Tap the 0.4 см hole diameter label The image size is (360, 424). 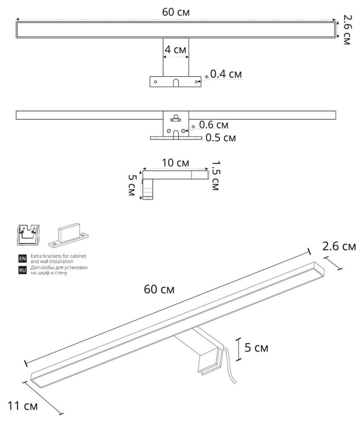coord(226,74)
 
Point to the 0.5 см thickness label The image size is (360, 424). coord(220,138)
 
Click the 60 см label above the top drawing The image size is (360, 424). coord(176,12)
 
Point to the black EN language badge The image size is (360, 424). coord(21,259)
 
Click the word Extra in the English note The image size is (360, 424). coord(35,256)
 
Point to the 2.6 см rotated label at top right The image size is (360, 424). coord(348,28)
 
